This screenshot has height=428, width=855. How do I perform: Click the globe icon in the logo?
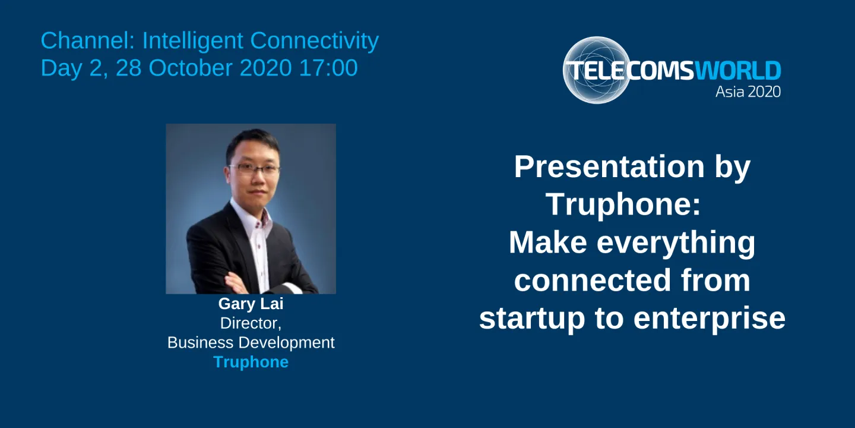595,70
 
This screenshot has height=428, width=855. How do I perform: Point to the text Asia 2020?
748,92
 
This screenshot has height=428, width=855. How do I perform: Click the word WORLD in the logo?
737,71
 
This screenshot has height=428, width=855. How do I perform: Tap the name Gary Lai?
251,304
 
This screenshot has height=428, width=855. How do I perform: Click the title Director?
251,323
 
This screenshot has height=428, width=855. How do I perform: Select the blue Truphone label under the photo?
251,362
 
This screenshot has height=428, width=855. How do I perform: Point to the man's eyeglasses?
254,169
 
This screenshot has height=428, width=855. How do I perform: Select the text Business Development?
251,343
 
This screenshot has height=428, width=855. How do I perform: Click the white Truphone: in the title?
623,204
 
